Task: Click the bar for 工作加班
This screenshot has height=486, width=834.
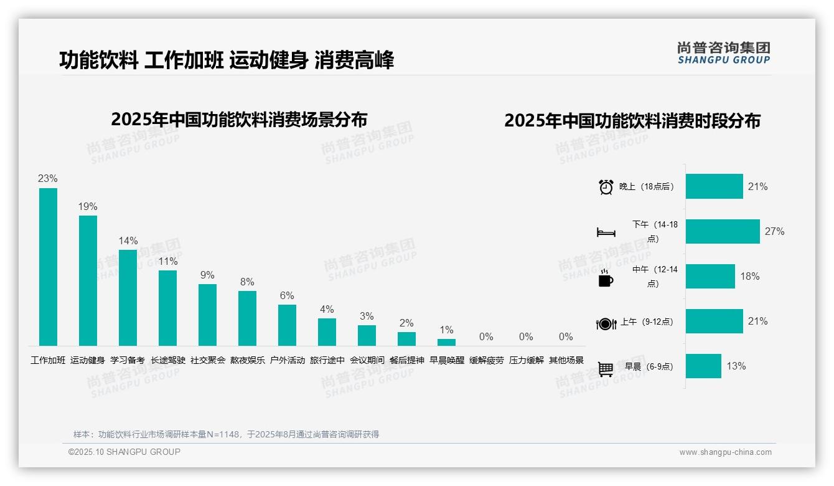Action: (48, 267)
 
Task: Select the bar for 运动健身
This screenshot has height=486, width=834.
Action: (88, 280)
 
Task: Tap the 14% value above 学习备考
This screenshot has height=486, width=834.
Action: (128, 241)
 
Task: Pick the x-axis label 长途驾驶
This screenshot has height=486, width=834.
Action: (168, 360)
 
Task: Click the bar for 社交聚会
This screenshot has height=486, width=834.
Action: (207, 315)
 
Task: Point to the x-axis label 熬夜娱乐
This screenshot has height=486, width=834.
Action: (248, 360)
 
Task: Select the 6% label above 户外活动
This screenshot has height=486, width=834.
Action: (287, 295)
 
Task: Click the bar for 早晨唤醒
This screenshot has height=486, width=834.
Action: (446, 342)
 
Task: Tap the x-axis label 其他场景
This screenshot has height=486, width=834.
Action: (566, 360)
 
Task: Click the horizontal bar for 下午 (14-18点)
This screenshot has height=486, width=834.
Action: (723, 231)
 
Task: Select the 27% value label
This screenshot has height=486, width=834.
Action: (774, 231)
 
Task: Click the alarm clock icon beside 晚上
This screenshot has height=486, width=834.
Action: (606, 187)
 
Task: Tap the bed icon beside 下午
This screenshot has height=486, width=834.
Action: (606, 232)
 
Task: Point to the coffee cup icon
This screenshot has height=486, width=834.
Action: (606, 278)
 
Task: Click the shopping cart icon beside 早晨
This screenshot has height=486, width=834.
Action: (606, 369)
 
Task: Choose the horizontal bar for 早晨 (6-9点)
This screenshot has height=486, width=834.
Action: (703, 366)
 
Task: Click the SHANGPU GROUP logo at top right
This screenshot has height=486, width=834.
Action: (723, 52)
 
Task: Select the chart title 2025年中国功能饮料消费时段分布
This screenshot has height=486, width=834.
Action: (632, 121)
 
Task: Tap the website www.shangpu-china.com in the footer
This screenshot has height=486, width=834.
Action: (725, 452)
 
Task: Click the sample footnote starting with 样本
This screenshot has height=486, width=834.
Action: (226, 434)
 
